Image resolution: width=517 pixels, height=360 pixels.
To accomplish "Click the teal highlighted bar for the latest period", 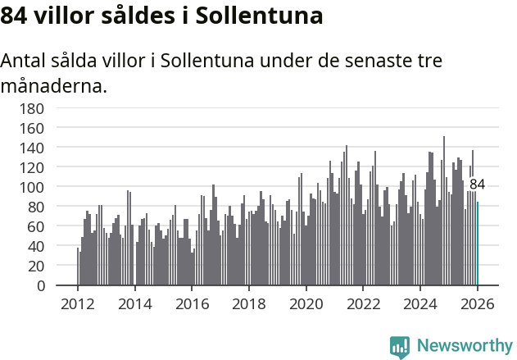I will (x=478, y=244).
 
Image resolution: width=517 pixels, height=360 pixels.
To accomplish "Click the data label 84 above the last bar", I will (x=477, y=185).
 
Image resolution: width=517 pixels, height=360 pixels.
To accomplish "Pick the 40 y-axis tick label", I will (x=36, y=246).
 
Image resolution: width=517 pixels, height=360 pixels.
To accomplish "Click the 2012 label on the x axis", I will (x=78, y=303).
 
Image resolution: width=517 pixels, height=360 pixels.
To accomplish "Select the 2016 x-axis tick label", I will (x=193, y=303).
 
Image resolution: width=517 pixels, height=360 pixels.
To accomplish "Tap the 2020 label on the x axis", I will (x=306, y=303).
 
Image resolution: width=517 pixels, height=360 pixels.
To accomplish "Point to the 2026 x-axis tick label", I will (x=478, y=303).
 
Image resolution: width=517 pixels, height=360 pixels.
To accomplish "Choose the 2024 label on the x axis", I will (x=421, y=303).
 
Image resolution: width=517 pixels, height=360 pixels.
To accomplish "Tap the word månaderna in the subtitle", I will (x=53, y=85).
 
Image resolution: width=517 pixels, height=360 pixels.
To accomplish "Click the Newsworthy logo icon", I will (x=400, y=347).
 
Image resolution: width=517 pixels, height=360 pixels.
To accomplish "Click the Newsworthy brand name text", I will (x=464, y=346).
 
